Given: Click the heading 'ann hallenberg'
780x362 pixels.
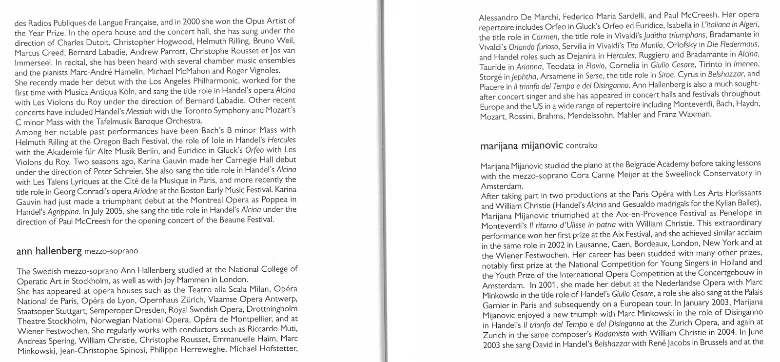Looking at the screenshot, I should [49, 251].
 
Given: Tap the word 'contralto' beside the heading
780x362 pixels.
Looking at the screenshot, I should [581, 145].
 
